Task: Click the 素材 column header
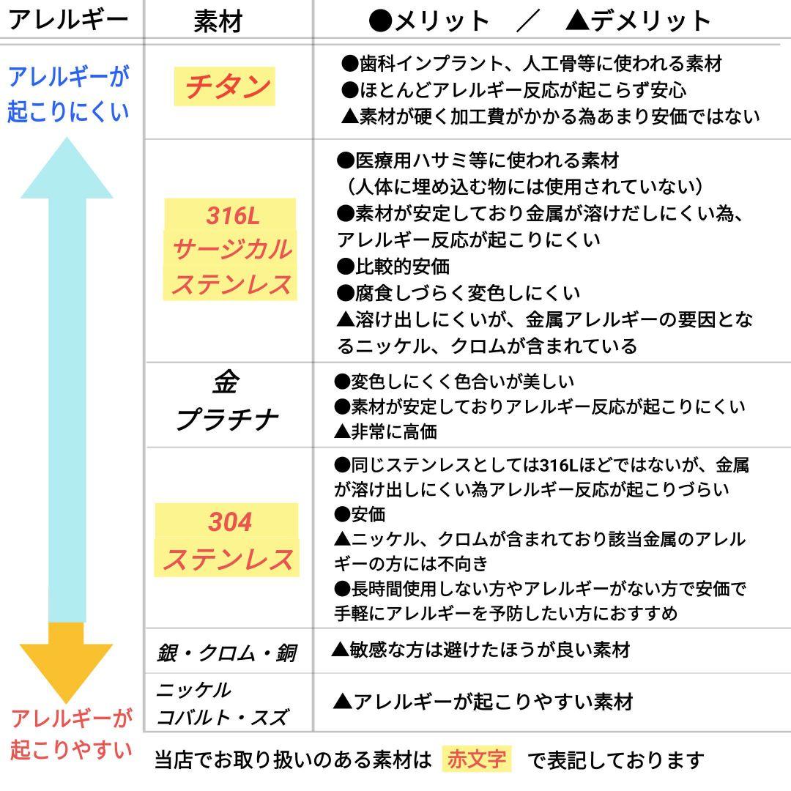pos(218,21)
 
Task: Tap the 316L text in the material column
pos(232,216)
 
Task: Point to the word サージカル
pos(231,250)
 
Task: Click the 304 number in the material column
pos(230,522)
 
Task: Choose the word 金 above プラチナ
pos(226,382)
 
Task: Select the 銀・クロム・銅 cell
pos(226,652)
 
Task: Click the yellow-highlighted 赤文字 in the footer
pos(477,760)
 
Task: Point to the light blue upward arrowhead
pos(67,172)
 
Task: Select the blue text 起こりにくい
pos(68,111)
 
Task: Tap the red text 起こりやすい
pos(71,750)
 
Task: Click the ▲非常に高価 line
pos(385,431)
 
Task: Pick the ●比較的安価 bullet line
pos(393,266)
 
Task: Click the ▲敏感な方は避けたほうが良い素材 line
pos(480,650)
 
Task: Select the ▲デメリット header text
pos(638,21)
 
